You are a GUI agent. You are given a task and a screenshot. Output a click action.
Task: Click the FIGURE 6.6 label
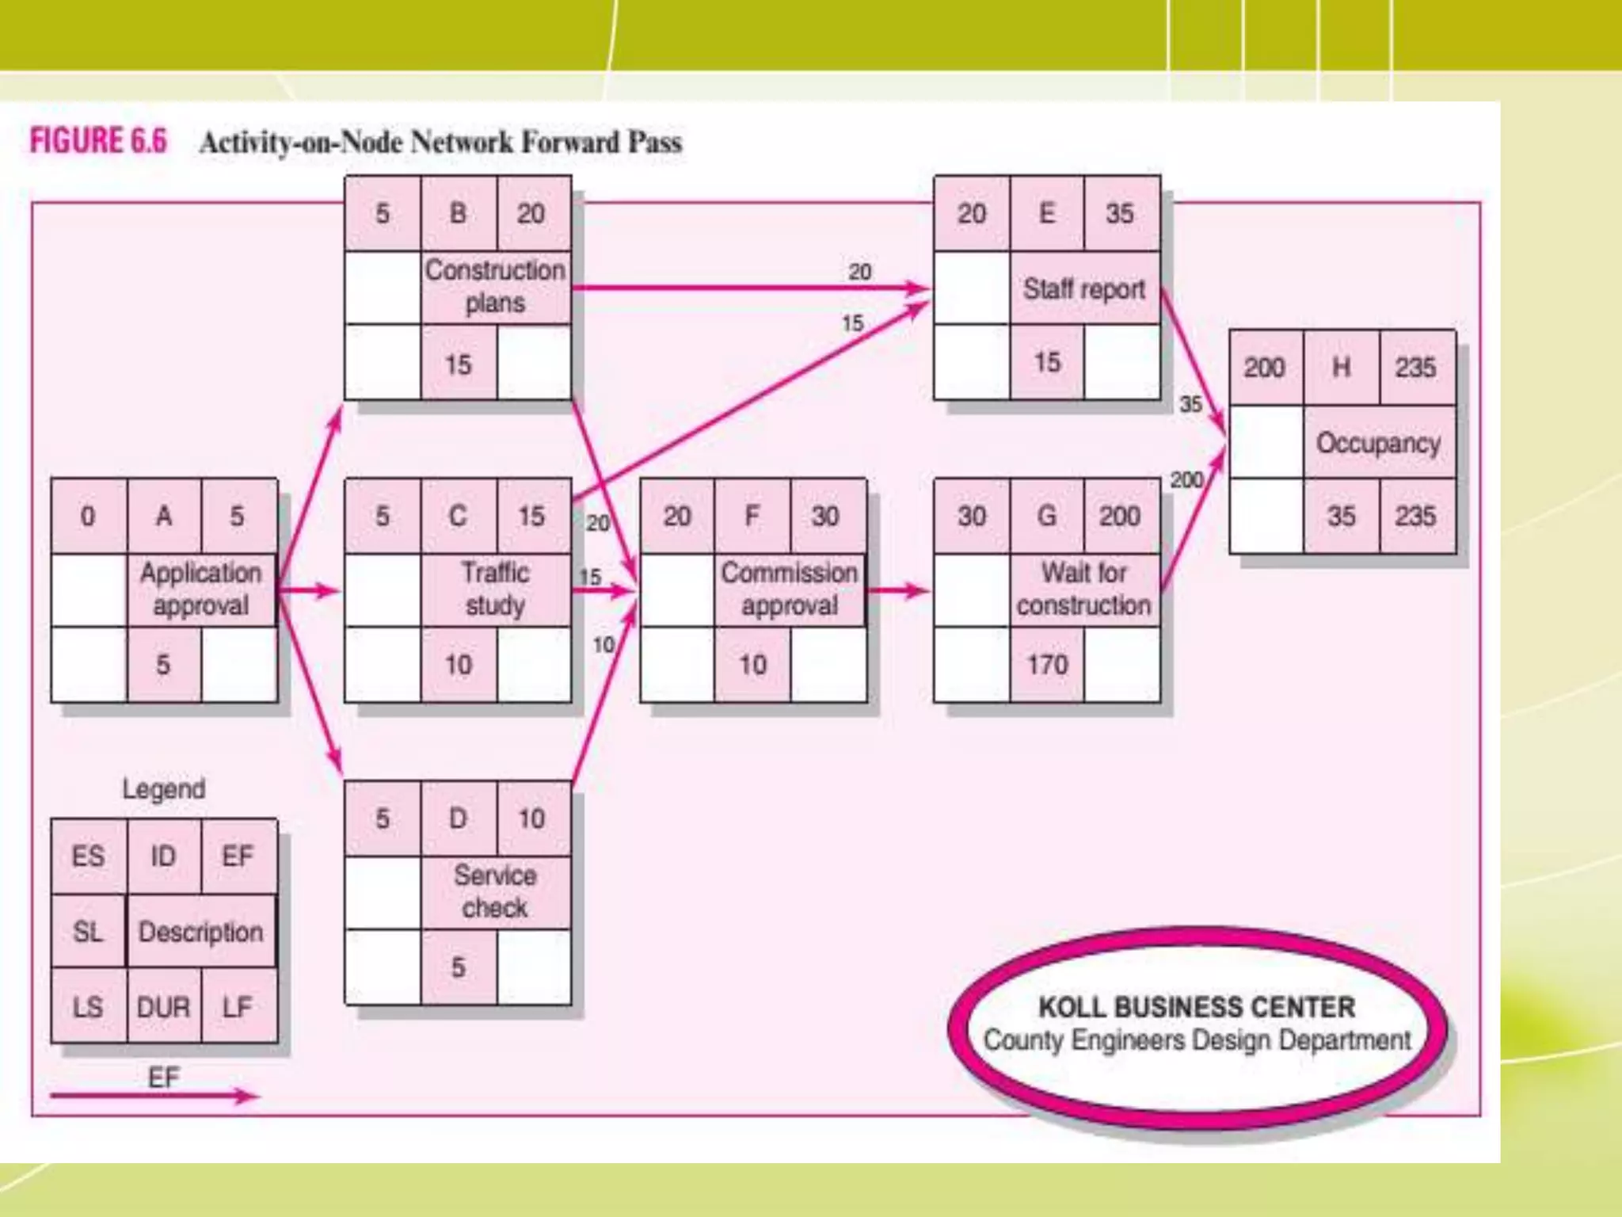coord(98,141)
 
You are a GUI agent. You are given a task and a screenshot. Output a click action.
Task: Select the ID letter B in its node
coord(458,213)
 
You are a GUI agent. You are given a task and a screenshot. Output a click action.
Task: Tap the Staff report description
coord(1083,288)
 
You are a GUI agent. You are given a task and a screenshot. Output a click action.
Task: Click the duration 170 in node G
coord(1047,664)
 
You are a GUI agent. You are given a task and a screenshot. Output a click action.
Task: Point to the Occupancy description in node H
coord(1378,443)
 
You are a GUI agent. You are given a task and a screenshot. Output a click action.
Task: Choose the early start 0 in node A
coord(88,516)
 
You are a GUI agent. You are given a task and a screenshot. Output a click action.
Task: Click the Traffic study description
coord(495,589)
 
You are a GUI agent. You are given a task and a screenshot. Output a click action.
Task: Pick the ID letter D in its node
coord(458,818)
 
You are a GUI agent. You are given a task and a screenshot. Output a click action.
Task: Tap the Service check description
coord(495,891)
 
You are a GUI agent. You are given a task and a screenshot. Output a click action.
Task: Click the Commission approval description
coord(790,589)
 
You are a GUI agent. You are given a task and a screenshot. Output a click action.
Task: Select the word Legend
coord(164,788)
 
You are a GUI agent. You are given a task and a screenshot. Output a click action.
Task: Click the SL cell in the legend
coord(88,931)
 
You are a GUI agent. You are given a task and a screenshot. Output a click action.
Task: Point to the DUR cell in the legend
coord(163,1007)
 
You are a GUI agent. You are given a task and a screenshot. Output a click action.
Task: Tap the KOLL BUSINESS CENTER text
coord(1197,1007)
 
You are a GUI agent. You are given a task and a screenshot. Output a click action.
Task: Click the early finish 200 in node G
coord(1119,516)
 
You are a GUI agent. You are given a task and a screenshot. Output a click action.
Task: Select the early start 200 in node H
coord(1264,368)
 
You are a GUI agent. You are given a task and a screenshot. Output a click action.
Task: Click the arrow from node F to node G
coord(899,590)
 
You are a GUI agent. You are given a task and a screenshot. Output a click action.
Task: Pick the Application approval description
coord(200,589)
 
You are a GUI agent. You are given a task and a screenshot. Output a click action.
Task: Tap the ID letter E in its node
coord(1046,213)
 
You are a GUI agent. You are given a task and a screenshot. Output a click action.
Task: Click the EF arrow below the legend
coord(154,1097)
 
